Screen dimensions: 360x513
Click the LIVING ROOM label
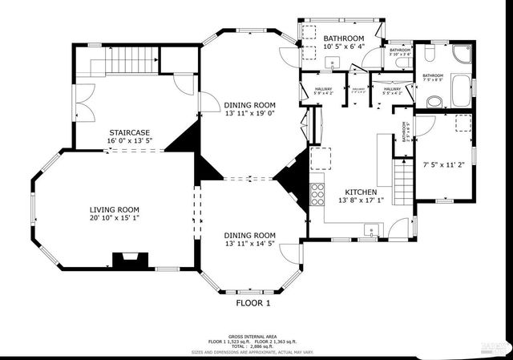[114, 209]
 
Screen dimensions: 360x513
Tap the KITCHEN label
[361, 192]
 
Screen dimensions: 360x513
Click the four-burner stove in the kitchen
[317, 192]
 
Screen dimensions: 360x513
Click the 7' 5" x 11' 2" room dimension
[443, 164]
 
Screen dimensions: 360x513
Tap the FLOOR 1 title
[253, 304]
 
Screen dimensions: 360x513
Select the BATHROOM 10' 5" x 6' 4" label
[343, 42]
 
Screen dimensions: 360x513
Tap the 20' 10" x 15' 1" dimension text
[114, 217]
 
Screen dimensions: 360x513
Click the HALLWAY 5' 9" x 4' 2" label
[324, 91]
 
